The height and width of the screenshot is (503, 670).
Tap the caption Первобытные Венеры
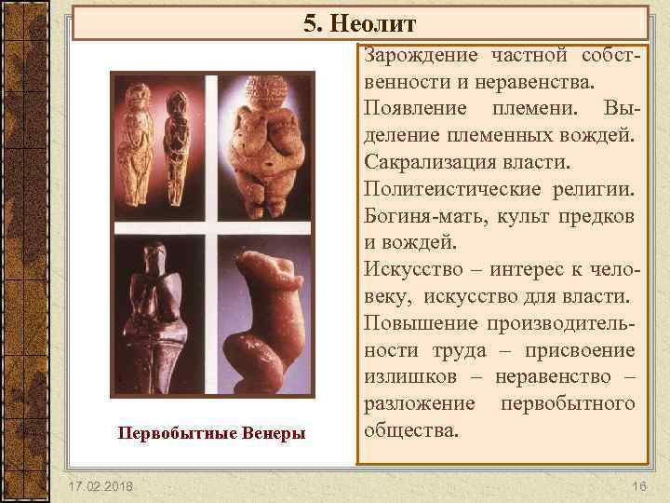click(x=213, y=432)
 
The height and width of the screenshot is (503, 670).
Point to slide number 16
click(x=638, y=487)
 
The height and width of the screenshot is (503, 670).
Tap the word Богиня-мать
click(x=422, y=217)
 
